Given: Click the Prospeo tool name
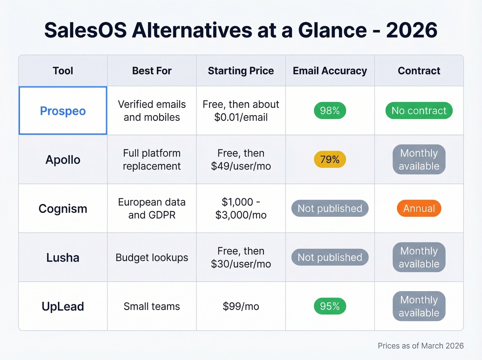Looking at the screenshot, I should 63,111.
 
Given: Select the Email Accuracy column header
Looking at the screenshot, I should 330,71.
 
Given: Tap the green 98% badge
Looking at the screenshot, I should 330,111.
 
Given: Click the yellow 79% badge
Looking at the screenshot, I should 330,160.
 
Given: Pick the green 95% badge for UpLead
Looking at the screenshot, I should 330,306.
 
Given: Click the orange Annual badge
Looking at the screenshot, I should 419,208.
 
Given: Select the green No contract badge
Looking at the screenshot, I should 419,111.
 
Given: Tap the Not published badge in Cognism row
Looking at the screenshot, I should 330,208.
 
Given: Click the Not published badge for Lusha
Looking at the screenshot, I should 330,257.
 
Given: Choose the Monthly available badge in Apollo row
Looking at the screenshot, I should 419,160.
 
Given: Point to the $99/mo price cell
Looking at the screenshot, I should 241,306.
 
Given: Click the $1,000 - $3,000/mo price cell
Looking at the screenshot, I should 241,208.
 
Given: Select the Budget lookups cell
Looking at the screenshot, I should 152,257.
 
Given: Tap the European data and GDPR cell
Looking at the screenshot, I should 152,208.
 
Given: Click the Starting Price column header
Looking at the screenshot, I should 241,71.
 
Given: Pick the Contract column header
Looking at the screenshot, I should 419,71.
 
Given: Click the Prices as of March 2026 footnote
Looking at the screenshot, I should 420,346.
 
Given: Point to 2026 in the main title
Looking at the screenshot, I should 411,30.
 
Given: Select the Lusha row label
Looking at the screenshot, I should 63,257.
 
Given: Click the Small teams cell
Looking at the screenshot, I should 152,306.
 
